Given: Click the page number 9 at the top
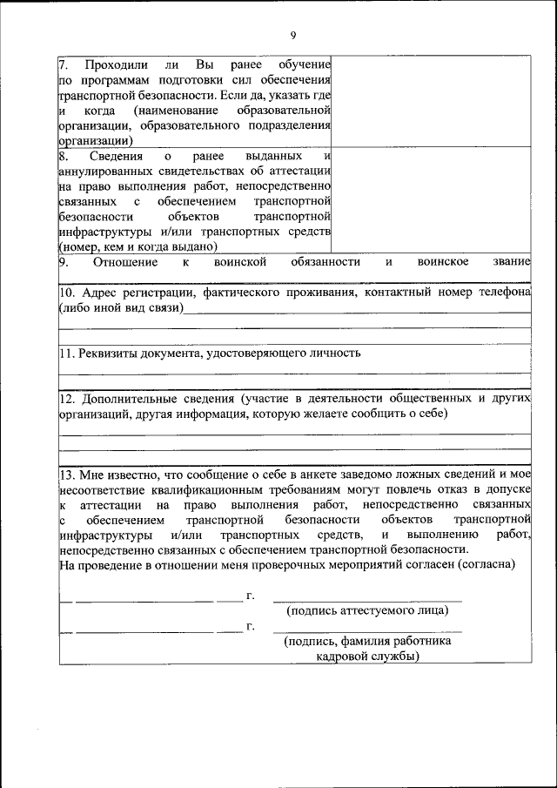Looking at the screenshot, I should [x=292, y=34].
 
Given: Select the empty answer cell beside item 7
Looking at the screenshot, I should [x=432, y=100].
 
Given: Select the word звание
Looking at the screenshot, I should [x=510, y=261].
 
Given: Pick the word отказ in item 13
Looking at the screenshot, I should [x=446, y=489].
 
